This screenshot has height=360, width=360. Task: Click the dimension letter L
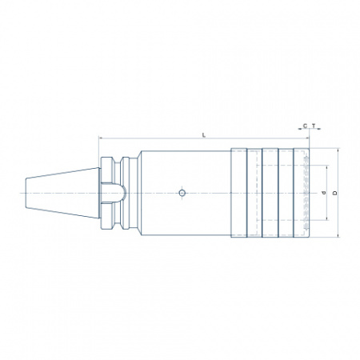click(x=204, y=135)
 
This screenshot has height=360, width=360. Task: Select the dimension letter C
click(x=305, y=126)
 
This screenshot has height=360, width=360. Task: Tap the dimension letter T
click(x=314, y=126)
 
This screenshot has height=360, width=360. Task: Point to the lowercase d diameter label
click(x=324, y=193)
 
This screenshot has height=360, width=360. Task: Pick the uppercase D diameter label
click(x=335, y=193)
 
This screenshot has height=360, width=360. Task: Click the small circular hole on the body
click(x=182, y=193)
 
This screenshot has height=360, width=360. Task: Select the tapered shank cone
click(x=62, y=193)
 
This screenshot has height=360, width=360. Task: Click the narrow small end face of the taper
click(x=26, y=193)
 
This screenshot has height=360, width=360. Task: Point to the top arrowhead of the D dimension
click(x=338, y=150)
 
